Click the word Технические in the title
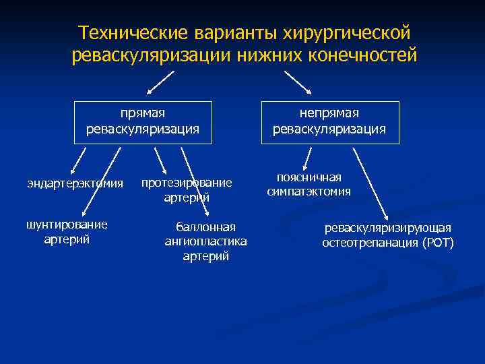click(133, 33)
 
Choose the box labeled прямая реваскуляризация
click(143, 122)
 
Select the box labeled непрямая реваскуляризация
click(329, 122)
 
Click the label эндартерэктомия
click(75, 183)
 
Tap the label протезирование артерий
click(187, 189)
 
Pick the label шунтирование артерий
click(67, 231)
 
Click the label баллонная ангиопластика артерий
click(205, 241)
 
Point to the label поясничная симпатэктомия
click(309, 184)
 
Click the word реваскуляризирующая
click(388, 228)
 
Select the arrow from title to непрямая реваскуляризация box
click(298, 82)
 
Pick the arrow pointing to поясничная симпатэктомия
click(306, 158)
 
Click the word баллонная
click(205, 226)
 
